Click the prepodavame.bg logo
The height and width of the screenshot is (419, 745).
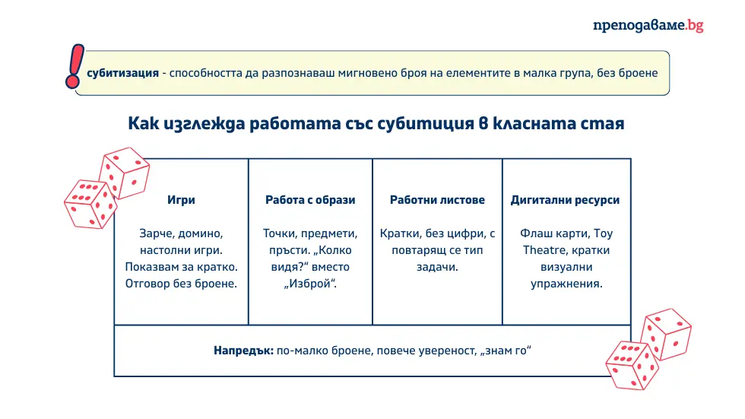click(648, 25)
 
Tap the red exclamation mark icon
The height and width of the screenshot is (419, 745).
click(74, 65)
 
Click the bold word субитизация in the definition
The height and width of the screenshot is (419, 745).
click(122, 74)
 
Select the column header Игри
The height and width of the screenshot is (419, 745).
click(181, 200)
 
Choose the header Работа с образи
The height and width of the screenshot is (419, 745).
click(310, 200)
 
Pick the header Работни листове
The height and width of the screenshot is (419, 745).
click(437, 200)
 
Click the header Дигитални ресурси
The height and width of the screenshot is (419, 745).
click(565, 200)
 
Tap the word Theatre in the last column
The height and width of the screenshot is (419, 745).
click(544, 249)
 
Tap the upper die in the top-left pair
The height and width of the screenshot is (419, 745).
click(125, 172)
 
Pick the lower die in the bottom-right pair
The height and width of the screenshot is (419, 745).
click(630, 366)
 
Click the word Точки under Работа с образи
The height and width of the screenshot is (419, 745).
click(281, 233)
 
